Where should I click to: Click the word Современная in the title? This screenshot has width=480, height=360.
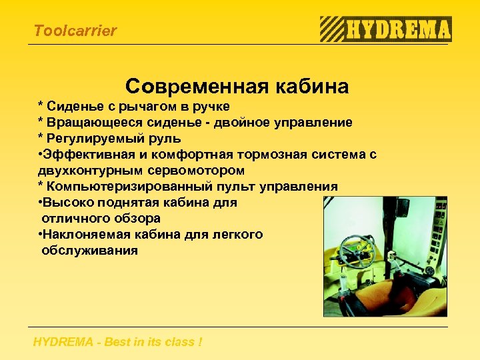coord(190,87)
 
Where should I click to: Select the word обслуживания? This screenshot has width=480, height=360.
coord(89,251)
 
